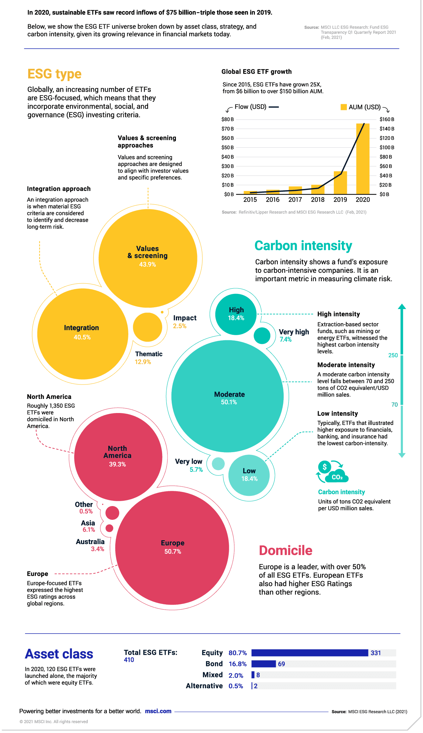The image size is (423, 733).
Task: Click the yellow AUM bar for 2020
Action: (x=363, y=159)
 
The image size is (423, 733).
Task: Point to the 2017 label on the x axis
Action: (x=295, y=200)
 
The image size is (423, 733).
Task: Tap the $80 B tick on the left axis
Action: (x=227, y=119)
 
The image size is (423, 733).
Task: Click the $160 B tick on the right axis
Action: (x=387, y=119)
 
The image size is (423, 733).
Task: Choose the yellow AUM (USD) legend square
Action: (x=344, y=107)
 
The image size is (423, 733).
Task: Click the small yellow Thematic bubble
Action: (x=147, y=327)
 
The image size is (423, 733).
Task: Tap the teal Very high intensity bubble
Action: (x=262, y=335)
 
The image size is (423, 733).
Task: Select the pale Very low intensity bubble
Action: (x=218, y=464)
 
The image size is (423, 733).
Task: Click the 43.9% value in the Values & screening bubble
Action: (x=147, y=265)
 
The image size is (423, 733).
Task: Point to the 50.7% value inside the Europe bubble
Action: (x=173, y=552)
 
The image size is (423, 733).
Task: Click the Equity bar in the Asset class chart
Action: (x=309, y=653)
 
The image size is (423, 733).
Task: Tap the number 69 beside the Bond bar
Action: (x=281, y=664)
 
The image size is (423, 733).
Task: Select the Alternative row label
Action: (x=204, y=686)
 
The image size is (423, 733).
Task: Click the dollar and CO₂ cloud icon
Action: (x=332, y=472)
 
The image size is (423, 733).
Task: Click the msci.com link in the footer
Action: (x=158, y=711)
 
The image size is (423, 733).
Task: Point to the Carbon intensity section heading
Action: (x=303, y=246)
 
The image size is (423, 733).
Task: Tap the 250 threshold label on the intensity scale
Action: (x=393, y=355)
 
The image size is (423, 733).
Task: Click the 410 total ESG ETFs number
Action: (x=129, y=660)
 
